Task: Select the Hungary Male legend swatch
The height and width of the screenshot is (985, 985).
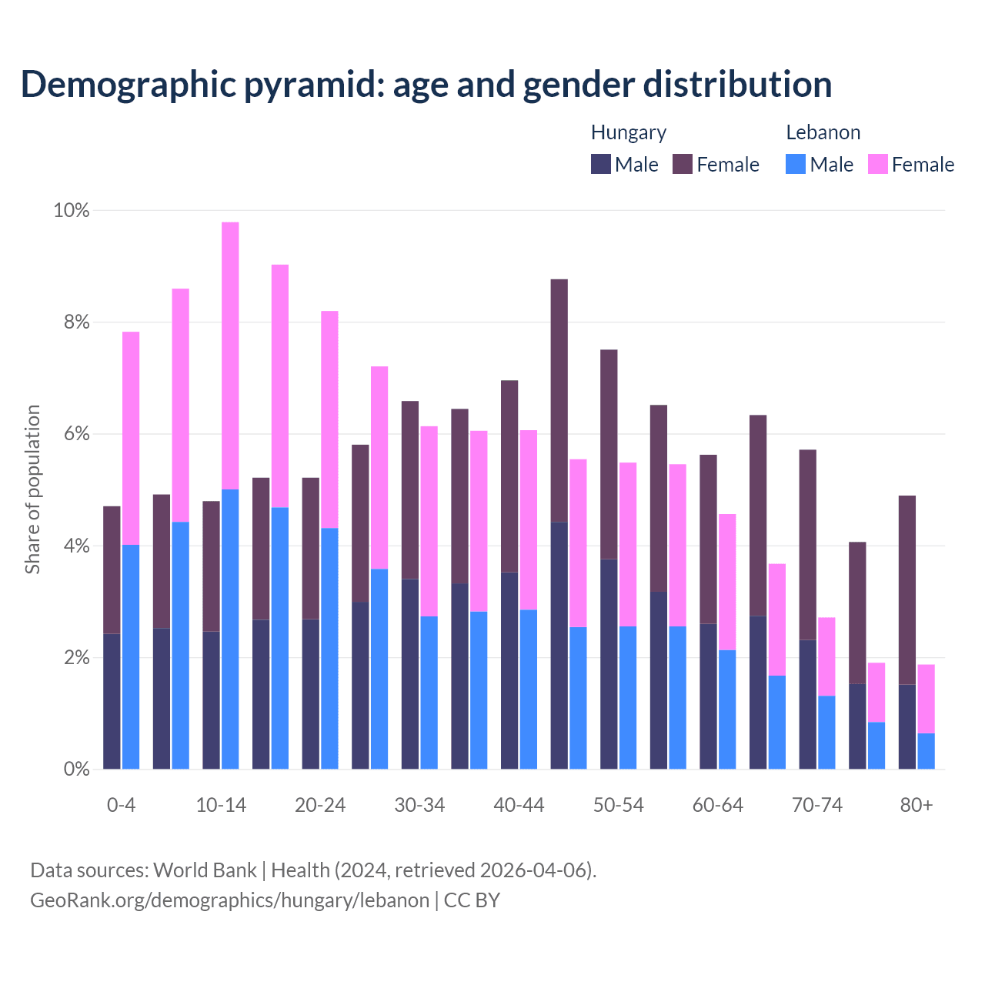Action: [x=601, y=164]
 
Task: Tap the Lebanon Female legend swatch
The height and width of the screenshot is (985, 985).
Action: [x=877, y=164]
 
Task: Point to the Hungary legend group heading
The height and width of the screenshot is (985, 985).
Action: [x=628, y=132]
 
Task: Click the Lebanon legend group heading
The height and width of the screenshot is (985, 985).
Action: [x=823, y=132]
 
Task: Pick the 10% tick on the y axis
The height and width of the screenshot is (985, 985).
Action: [x=72, y=210]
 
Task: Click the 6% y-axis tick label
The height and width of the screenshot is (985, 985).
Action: [x=76, y=434]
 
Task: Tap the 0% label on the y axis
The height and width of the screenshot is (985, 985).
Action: [x=76, y=769]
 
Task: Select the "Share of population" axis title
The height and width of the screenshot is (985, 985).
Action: [x=32, y=489]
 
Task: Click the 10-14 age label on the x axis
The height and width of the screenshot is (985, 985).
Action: [x=221, y=806]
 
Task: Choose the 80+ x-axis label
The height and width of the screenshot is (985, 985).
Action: [x=916, y=806]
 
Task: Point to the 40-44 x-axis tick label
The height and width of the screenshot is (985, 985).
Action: [x=519, y=806]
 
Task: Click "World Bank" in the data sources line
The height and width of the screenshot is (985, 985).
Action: [x=205, y=870]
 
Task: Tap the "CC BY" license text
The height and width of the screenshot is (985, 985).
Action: [x=472, y=900]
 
